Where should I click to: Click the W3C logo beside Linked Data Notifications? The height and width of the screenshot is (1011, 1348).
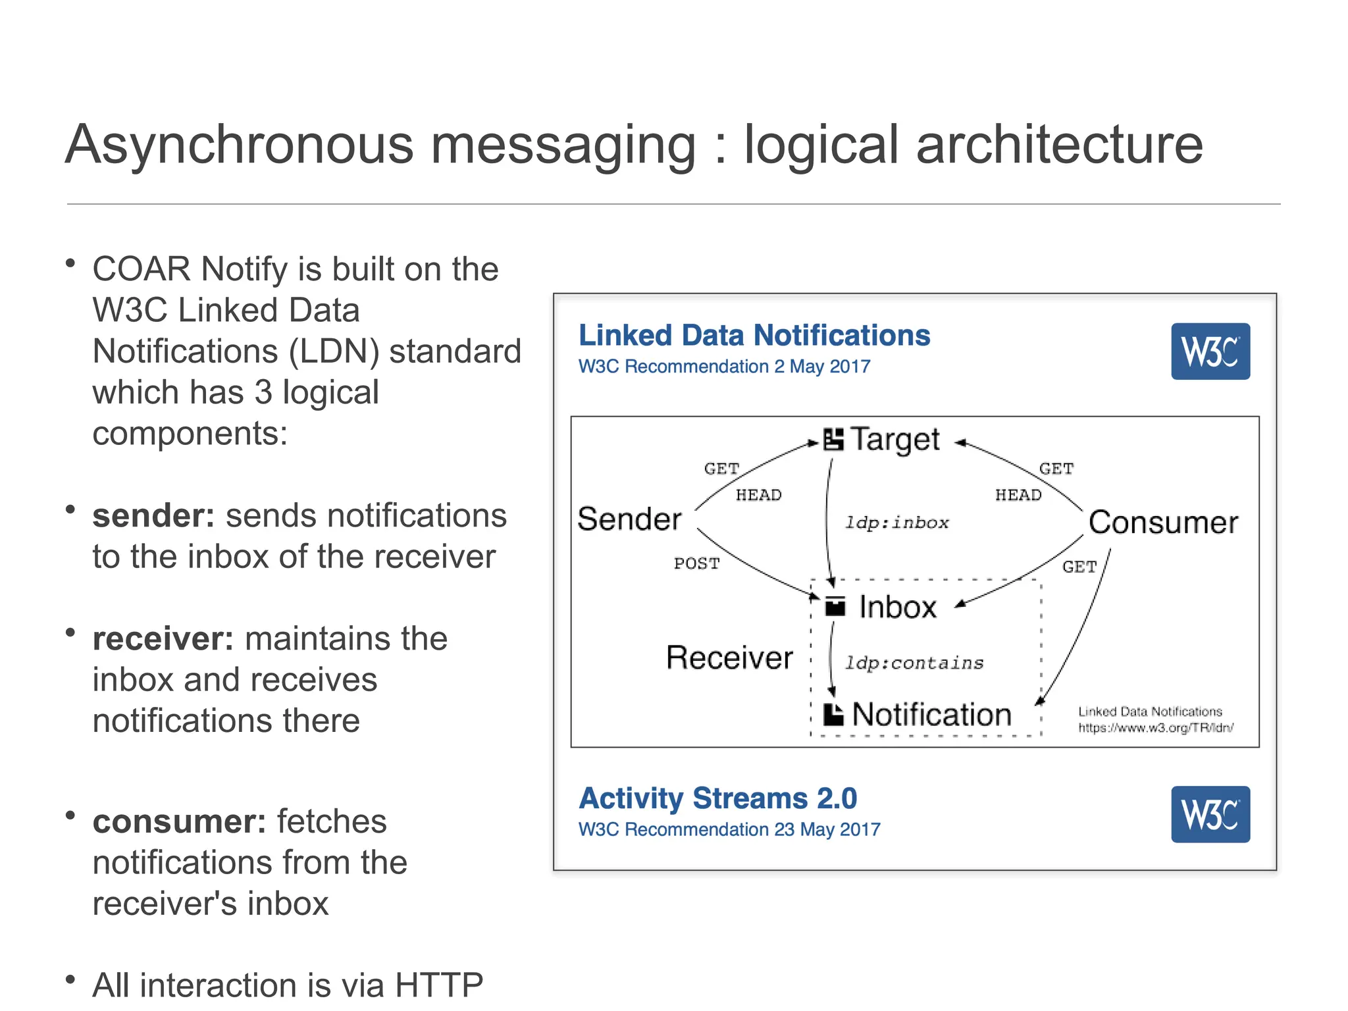click(x=1210, y=351)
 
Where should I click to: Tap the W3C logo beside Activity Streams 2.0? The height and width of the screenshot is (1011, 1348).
click(x=1210, y=814)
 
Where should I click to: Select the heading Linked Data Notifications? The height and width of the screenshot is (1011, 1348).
click(x=754, y=336)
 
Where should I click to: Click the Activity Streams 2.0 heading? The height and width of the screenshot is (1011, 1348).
click(x=717, y=798)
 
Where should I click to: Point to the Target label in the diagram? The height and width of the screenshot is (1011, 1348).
click(x=894, y=440)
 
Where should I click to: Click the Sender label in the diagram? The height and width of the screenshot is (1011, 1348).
click(x=629, y=519)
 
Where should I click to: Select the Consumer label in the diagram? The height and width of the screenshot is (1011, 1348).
click(x=1163, y=523)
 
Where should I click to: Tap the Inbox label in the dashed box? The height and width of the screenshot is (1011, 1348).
click(x=897, y=607)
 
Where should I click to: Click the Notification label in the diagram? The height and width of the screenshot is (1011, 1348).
click(x=931, y=715)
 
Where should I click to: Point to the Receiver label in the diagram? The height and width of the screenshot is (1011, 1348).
click(x=729, y=658)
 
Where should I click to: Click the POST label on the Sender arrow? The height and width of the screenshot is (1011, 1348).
click(x=696, y=564)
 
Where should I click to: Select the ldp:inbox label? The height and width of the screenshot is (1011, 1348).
click(x=896, y=523)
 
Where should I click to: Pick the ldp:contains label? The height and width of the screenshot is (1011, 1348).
click(x=914, y=663)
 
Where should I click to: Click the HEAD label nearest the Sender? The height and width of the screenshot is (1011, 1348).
click(x=758, y=495)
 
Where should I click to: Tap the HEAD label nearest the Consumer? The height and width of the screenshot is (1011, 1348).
click(x=1018, y=495)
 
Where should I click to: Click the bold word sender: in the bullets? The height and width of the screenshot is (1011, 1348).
click(x=153, y=515)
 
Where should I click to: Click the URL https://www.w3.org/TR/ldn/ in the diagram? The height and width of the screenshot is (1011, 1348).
click(x=1155, y=728)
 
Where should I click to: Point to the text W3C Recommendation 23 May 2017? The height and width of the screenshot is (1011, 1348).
click(x=729, y=829)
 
